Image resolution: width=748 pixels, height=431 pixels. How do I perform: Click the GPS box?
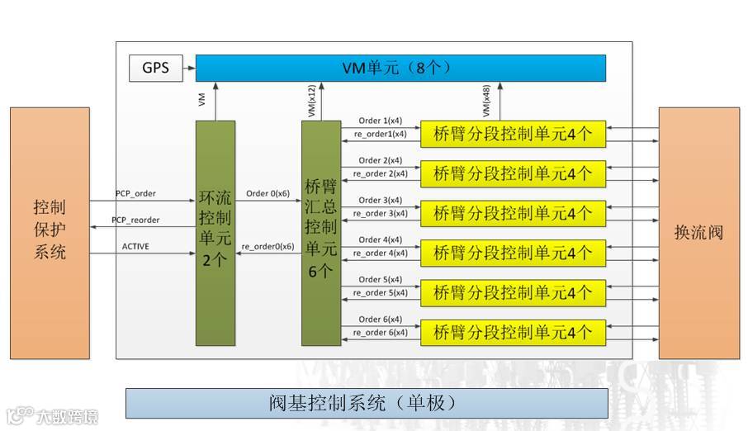(x=156, y=68)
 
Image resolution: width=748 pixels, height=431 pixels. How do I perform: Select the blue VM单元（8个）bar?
(x=400, y=68)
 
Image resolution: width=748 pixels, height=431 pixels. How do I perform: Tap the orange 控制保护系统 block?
(x=50, y=232)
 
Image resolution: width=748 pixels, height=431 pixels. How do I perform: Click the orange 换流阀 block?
(x=698, y=232)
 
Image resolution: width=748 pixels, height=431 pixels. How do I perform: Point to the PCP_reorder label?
(x=135, y=220)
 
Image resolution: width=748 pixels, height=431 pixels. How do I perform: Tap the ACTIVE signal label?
(x=135, y=246)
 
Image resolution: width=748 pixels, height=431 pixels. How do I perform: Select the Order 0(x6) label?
(x=267, y=194)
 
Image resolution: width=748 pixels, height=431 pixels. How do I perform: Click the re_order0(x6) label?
(x=267, y=247)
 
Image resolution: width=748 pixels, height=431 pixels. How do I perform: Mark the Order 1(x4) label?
(x=381, y=121)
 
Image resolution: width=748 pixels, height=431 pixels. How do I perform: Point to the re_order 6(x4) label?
(x=380, y=333)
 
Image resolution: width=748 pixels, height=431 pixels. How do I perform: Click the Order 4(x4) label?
(x=381, y=240)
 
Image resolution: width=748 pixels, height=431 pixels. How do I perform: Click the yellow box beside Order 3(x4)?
(x=513, y=213)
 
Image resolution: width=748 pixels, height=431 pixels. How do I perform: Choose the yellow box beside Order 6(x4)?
(x=513, y=333)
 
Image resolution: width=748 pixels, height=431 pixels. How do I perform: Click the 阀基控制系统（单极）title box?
(x=367, y=403)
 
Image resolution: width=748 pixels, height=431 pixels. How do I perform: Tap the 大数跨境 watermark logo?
(x=53, y=415)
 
